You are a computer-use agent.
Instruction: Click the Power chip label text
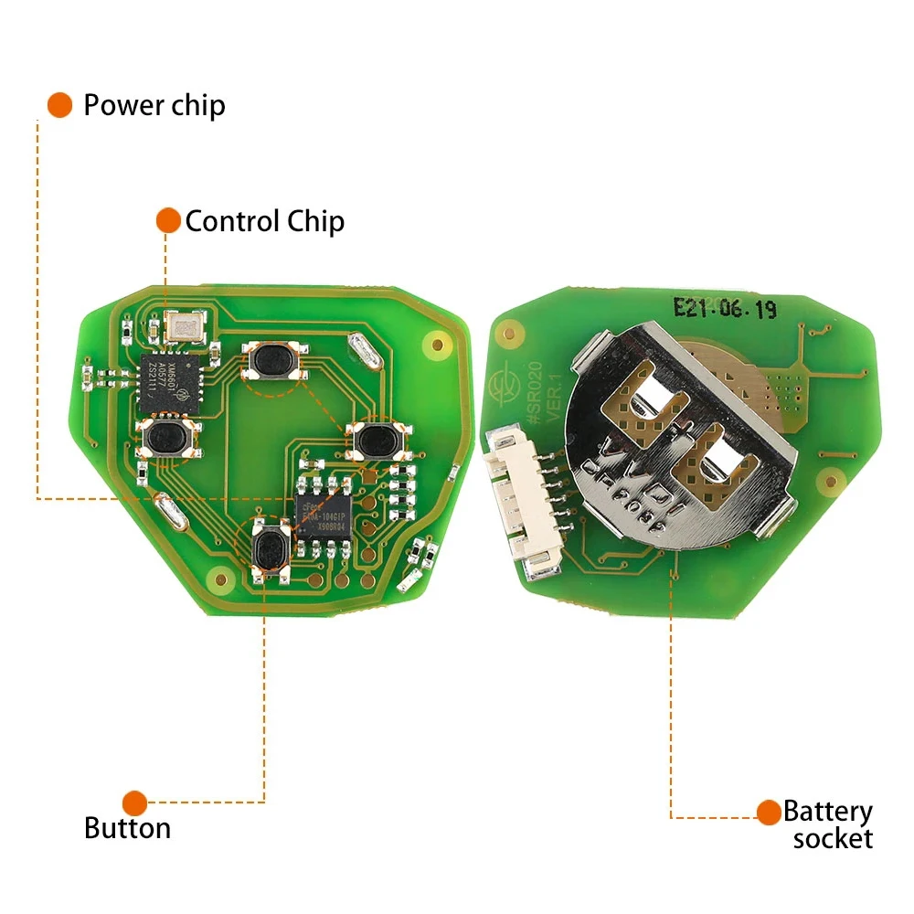click(x=154, y=105)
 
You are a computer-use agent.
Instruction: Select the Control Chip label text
click(x=264, y=221)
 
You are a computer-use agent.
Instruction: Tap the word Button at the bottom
click(x=127, y=828)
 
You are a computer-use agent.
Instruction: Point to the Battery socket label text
click(x=828, y=825)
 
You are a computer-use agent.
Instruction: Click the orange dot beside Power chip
click(x=60, y=104)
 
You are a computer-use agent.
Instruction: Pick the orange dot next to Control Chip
click(x=168, y=220)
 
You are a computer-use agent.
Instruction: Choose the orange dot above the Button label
click(x=135, y=803)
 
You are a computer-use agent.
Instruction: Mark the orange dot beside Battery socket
click(x=769, y=811)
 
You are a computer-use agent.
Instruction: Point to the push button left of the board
click(x=165, y=440)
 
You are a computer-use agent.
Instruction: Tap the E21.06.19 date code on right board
click(x=724, y=309)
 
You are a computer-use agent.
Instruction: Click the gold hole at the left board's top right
click(x=437, y=345)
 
